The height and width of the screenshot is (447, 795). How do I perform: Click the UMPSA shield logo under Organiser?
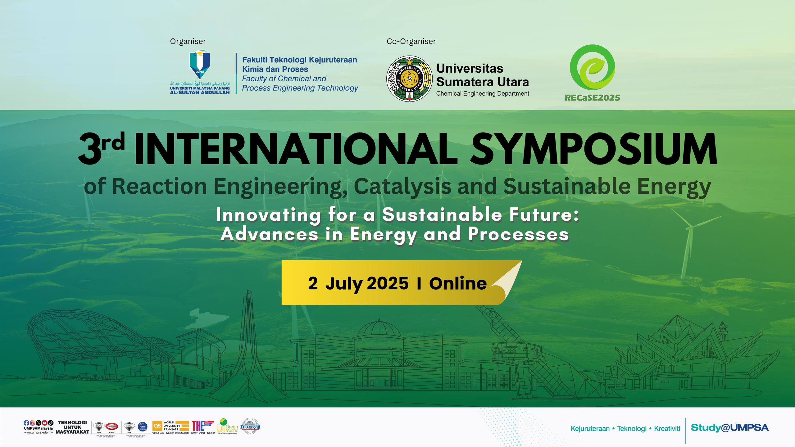(200, 65)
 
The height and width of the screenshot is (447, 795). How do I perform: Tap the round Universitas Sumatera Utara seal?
(409, 79)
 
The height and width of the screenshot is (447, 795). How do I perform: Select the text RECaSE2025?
(592, 98)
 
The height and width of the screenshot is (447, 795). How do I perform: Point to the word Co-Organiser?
(411, 41)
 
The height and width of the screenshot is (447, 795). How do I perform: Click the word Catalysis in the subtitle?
(402, 187)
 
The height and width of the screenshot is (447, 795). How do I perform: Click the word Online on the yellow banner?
(458, 283)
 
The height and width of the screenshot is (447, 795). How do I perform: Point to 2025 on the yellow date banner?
(388, 283)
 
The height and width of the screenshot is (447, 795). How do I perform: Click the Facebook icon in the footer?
(26, 422)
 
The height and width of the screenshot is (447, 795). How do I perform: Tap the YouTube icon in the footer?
(45, 422)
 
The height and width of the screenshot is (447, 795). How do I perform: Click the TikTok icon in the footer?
(51, 422)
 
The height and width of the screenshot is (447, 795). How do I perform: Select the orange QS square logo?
(157, 426)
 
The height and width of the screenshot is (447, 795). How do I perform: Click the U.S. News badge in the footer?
(250, 426)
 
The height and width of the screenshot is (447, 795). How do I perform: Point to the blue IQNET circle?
(143, 426)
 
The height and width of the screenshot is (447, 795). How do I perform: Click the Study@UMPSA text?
(729, 428)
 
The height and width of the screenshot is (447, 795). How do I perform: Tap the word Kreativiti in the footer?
(667, 429)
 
